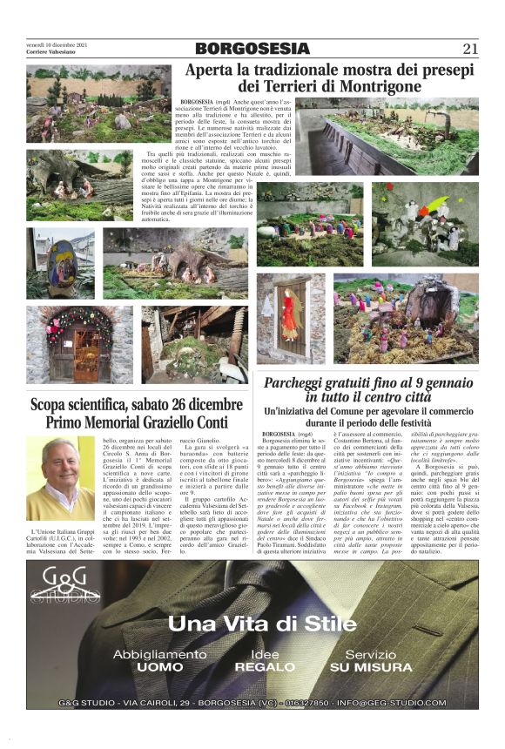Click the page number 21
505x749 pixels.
click(469, 49)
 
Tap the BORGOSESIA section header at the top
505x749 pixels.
click(252, 49)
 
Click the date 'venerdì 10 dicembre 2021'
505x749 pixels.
click(56, 44)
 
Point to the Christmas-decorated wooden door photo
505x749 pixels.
click(78, 345)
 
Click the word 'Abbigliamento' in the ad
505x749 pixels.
click(158, 654)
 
